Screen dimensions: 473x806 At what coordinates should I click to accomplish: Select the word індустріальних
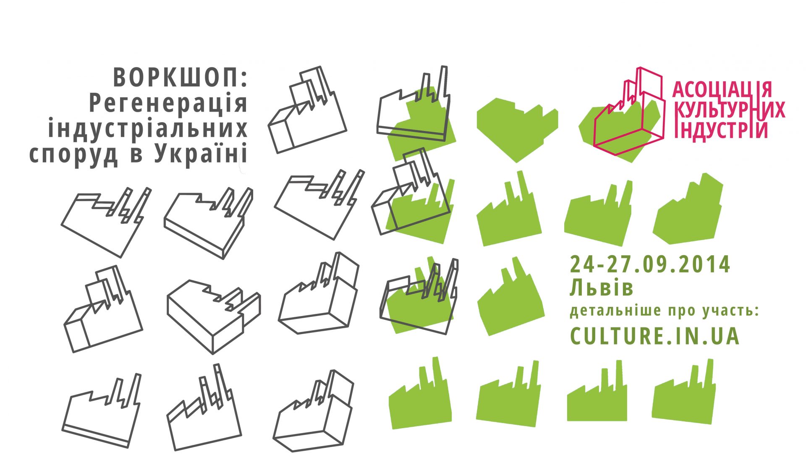click(x=148, y=128)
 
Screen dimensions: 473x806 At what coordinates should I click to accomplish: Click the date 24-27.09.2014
click(x=650, y=264)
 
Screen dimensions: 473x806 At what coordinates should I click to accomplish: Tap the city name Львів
click(x=602, y=288)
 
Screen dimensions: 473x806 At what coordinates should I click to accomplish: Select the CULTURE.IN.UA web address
click(x=654, y=336)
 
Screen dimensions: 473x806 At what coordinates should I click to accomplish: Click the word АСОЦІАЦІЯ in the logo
click(x=722, y=89)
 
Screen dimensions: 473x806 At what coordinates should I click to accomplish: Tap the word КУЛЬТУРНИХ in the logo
click(x=730, y=110)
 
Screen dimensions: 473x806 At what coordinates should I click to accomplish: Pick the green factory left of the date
click(x=510, y=298)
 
